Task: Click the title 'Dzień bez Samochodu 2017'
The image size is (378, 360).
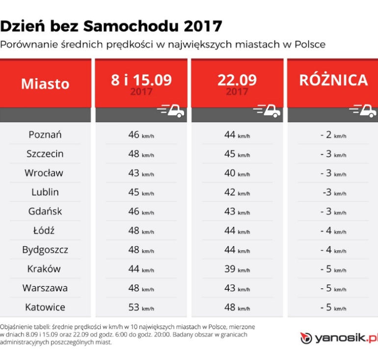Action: coord(111,26)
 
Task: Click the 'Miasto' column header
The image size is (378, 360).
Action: coord(45,83)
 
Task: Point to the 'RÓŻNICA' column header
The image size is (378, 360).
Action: coord(333,80)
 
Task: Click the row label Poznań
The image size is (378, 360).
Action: coord(45,134)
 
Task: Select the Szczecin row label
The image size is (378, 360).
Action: coord(45,154)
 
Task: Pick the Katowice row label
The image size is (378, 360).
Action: coord(45,307)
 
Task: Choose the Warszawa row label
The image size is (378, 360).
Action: coord(45,288)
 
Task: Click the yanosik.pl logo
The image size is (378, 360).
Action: coord(339,338)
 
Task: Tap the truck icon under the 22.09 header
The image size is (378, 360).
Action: coord(267,112)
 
